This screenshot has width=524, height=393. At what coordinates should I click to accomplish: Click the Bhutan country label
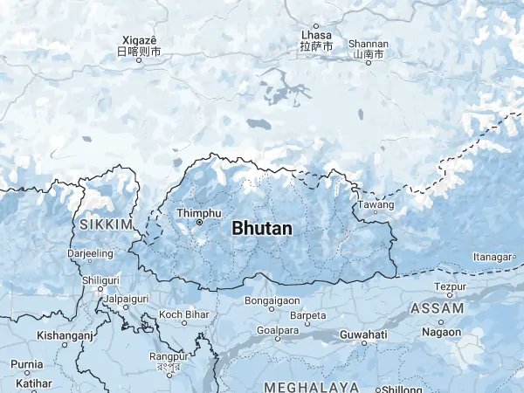[262, 228]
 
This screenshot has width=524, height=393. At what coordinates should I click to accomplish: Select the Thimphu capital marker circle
[199, 223]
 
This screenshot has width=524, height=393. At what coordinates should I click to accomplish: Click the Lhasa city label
[316, 36]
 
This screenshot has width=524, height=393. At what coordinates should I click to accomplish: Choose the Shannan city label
[368, 44]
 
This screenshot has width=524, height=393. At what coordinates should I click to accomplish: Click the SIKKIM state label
[105, 224]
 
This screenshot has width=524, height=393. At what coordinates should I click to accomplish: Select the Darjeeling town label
[91, 253]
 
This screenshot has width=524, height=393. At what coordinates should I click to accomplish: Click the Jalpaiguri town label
[127, 298]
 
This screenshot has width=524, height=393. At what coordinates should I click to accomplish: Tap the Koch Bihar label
[183, 314]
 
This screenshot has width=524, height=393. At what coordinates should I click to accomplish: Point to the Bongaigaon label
[272, 300]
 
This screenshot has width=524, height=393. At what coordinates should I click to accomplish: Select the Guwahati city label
[364, 334]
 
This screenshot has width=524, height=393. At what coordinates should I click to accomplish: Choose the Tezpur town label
[450, 286]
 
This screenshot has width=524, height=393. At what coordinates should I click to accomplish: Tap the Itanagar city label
[490, 257]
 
